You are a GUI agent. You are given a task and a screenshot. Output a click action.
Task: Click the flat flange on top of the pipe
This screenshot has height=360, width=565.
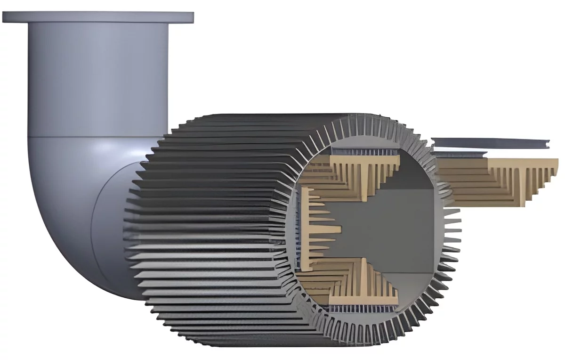coord(97,17)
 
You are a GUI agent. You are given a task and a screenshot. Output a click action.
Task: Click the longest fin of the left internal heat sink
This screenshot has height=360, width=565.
coord(330,230)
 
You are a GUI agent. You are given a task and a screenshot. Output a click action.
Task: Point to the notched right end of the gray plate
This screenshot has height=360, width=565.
coord(546,144)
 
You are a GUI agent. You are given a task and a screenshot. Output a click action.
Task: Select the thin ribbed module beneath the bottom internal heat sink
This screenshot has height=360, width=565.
coord(363,308)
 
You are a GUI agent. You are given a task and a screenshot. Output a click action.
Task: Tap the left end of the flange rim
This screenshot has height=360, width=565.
coord(5,17)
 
